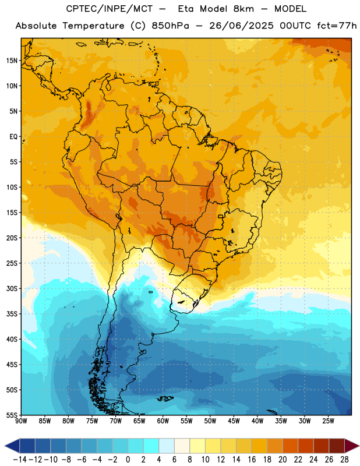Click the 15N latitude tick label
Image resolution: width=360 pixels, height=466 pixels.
pos(12,61)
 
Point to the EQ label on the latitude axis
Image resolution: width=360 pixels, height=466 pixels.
pos(13,137)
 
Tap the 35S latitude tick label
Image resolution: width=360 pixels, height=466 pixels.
pos(12,314)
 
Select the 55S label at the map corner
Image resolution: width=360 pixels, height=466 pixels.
pos(12,415)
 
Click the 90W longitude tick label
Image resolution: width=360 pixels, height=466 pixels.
pos(21,421)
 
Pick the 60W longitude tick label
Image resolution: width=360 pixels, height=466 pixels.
pos(163,421)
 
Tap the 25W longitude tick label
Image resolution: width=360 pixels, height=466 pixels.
pos(328,421)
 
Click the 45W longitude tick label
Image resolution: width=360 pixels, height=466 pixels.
pos(234,421)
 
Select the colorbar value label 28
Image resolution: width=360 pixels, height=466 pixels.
pos(344,460)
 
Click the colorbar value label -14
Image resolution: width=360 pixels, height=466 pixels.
pos(20,460)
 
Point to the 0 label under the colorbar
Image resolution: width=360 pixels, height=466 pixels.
pos(128,460)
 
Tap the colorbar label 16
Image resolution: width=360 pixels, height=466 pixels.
pos(252,460)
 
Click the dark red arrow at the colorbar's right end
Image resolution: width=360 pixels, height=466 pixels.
pos(351,446)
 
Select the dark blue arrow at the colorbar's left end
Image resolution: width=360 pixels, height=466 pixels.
pos(12,446)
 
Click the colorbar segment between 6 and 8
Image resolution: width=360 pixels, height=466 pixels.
pos(182,446)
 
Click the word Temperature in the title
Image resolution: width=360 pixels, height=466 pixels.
pos(93,26)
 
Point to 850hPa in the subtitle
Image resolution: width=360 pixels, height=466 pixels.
pos(170,26)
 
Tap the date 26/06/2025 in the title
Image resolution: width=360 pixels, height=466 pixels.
pos(241,26)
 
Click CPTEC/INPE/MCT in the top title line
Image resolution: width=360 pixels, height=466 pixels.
pos(109,9)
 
